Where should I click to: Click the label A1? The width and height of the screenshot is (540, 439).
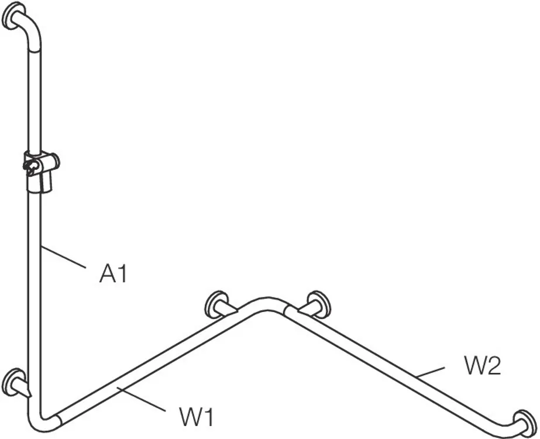click(112, 273)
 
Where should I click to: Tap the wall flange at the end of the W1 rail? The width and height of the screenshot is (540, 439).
click(216, 304)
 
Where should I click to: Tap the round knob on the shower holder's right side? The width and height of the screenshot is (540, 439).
click(54, 159)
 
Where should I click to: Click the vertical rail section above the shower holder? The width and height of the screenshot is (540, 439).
click(33, 100)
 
